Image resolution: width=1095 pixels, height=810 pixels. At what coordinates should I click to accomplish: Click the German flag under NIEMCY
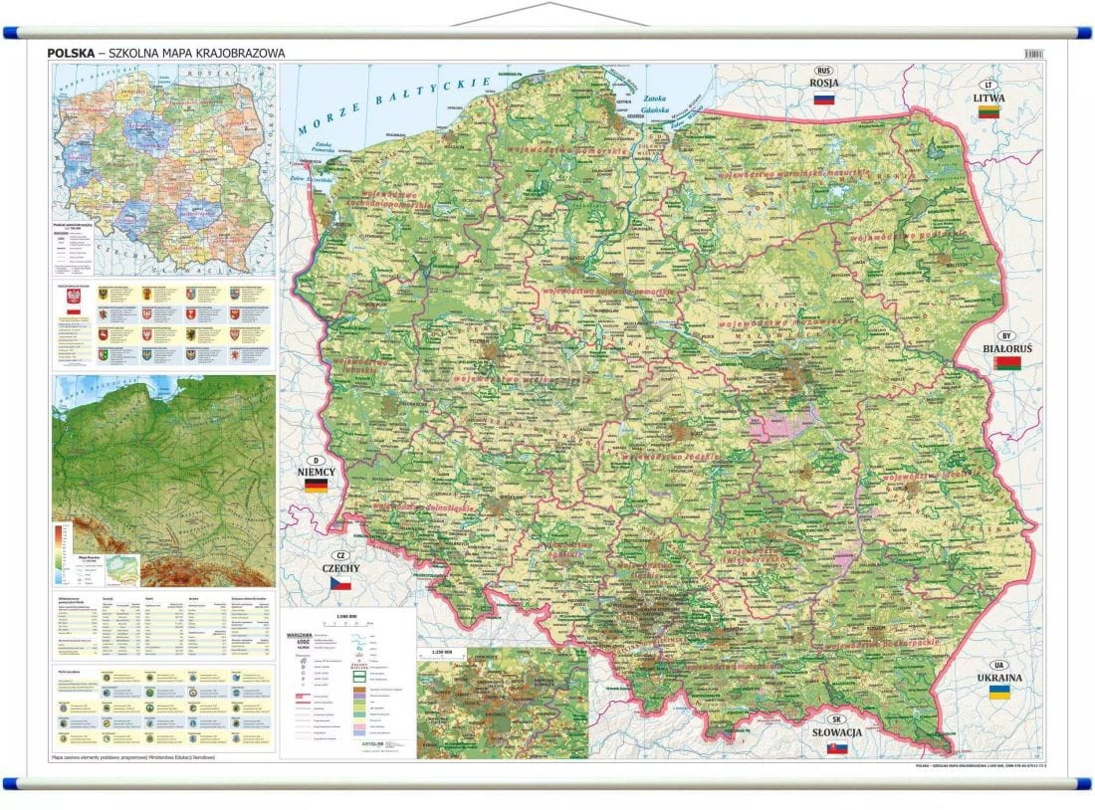(x=316, y=486)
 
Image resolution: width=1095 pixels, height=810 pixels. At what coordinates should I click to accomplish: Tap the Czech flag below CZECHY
(x=340, y=583)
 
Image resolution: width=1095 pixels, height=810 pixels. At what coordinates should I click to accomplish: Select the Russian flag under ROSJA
(x=823, y=99)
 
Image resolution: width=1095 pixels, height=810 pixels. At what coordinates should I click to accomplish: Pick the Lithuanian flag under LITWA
(x=988, y=113)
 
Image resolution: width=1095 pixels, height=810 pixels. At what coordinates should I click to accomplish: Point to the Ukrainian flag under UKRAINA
(x=998, y=691)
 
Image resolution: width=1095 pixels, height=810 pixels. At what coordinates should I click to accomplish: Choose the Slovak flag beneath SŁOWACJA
(x=837, y=747)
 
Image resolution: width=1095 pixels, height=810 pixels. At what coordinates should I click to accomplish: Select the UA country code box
(x=998, y=665)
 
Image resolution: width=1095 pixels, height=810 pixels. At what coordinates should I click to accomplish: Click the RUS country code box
(x=823, y=71)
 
